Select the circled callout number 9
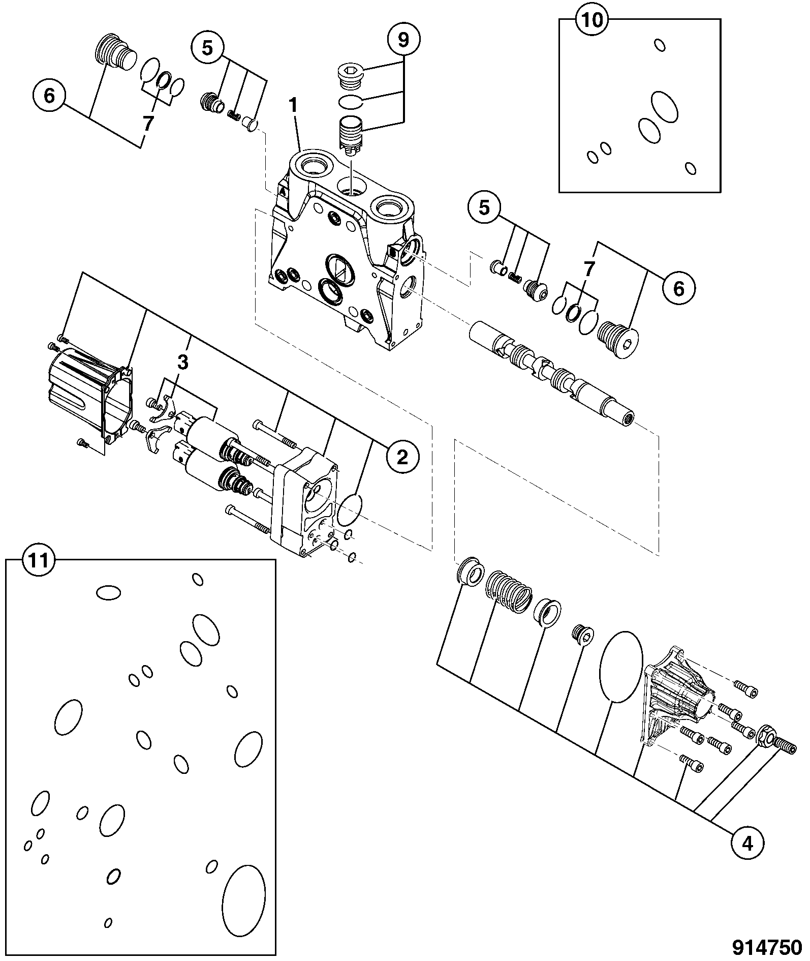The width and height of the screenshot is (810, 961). (402, 39)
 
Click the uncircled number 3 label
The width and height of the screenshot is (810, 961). (182, 363)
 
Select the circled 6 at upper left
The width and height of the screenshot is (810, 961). (49, 96)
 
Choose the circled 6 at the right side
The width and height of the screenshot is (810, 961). (679, 289)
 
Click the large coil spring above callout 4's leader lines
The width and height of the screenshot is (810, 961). (509, 591)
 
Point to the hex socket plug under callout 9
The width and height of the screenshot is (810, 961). (350, 76)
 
